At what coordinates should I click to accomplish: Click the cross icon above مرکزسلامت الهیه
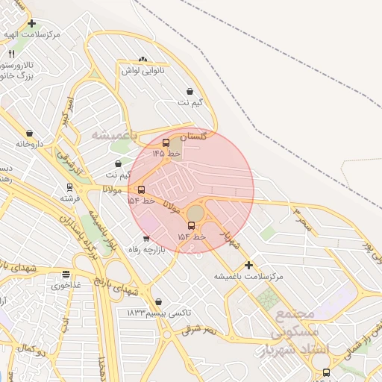coord(31,23)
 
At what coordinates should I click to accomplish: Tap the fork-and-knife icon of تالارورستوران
coord(11,55)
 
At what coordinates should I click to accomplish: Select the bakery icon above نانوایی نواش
coord(143,59)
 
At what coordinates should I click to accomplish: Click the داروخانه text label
coord(36,143)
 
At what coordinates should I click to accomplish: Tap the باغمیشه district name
coord(114,135)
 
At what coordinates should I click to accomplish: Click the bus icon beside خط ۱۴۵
coord(166,143)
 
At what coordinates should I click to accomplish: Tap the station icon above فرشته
coord(69,187)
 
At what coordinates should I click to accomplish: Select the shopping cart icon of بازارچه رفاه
coord(145,239)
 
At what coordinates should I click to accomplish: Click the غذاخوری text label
coord(66,284)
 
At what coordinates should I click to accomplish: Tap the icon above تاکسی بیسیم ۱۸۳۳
coord(158,302)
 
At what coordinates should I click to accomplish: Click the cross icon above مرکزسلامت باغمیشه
coord(248,265)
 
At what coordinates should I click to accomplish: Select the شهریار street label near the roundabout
coord(231,238)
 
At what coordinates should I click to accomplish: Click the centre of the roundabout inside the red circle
coord(195,213)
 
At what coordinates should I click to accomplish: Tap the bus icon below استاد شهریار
coord(326,372)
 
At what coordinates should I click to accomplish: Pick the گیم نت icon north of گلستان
coord(191,91)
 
